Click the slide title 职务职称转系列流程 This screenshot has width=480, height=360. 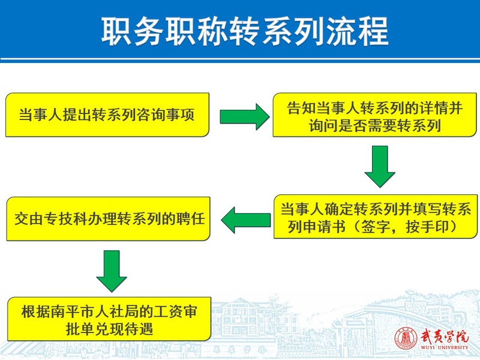245,32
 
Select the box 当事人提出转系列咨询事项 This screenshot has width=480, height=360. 107,115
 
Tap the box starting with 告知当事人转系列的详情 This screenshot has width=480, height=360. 374,115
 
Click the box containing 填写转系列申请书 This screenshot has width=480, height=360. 376,217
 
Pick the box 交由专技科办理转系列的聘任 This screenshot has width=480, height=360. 109,218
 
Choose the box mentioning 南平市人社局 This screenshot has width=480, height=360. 109,319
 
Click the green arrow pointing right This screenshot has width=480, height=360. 245,116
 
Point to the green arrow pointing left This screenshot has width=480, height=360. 246,220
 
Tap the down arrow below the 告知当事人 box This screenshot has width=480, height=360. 380,167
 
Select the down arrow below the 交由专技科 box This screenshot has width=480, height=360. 112,271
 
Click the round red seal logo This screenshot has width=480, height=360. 406,339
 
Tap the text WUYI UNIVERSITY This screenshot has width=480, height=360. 445,347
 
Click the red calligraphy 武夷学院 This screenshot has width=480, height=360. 445,336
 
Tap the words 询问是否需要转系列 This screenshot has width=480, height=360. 374,125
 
